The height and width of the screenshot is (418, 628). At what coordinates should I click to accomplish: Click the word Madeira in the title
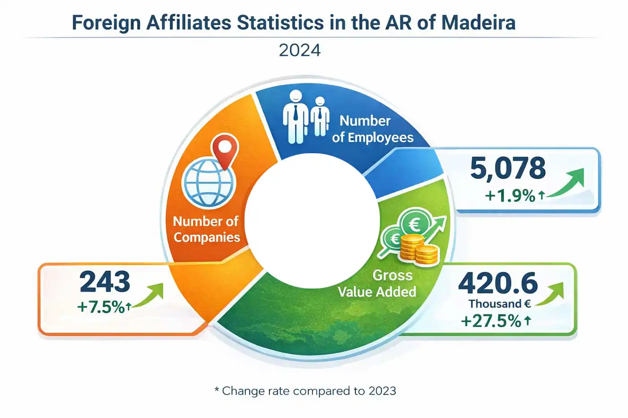[x=478, y=22]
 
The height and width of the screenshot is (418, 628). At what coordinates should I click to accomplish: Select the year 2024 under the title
[x=300, y=50]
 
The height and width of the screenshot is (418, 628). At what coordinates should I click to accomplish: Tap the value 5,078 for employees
[x=508, y=168]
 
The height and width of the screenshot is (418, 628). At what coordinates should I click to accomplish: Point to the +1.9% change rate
[x=510, y=196]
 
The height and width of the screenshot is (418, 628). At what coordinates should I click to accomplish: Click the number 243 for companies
[x=105, y=282]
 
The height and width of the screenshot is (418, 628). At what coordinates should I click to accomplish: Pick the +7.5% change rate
[x=101, y=307]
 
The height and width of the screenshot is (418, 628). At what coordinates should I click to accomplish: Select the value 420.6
[x=497, y=283]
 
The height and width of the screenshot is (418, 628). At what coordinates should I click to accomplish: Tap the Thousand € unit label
[x=500, y=304]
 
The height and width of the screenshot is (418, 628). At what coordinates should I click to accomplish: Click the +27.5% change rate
[x=491, y=321]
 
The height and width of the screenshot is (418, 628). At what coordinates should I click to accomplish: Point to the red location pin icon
[x=225, y=151]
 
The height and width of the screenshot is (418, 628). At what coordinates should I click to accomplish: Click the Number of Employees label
[x=372, y=129]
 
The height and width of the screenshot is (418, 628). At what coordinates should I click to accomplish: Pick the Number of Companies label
[x=206, y=229]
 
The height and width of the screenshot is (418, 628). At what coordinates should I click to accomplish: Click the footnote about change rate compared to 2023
[x=305, y=391]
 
